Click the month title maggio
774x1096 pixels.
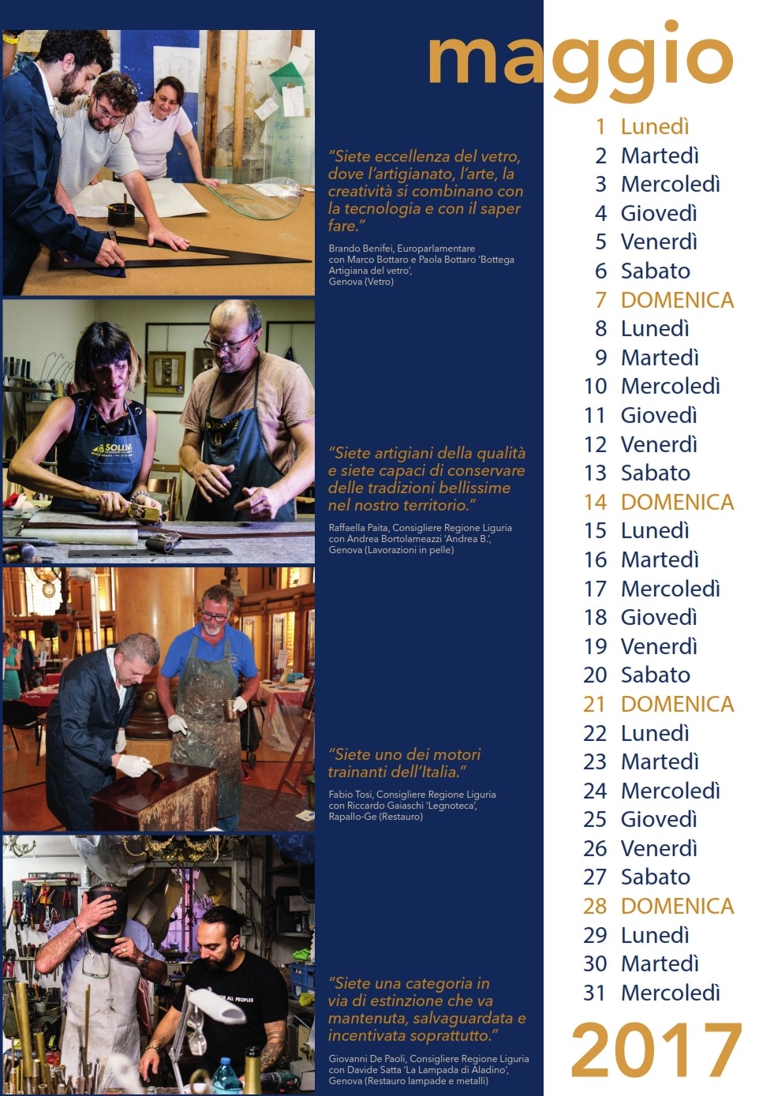click(580, 62)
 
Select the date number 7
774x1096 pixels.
click(600, 300)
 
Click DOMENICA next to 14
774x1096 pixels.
click(678, 502)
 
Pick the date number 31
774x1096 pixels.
click(595, 993)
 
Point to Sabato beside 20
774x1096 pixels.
click(656, 675)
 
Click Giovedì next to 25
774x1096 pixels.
click(659, 819)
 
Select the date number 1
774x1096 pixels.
click(600, 127)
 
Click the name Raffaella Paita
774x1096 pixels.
click(359, 528)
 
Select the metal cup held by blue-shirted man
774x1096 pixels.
click(230, 710)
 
